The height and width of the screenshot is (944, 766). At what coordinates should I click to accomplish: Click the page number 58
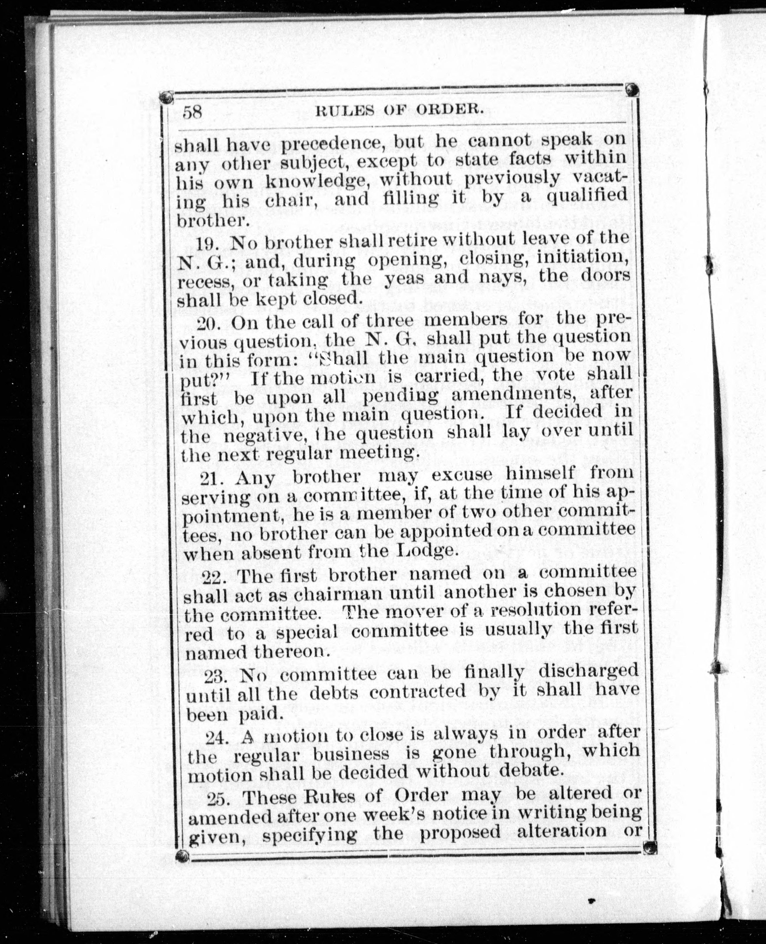pos(192,112)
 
